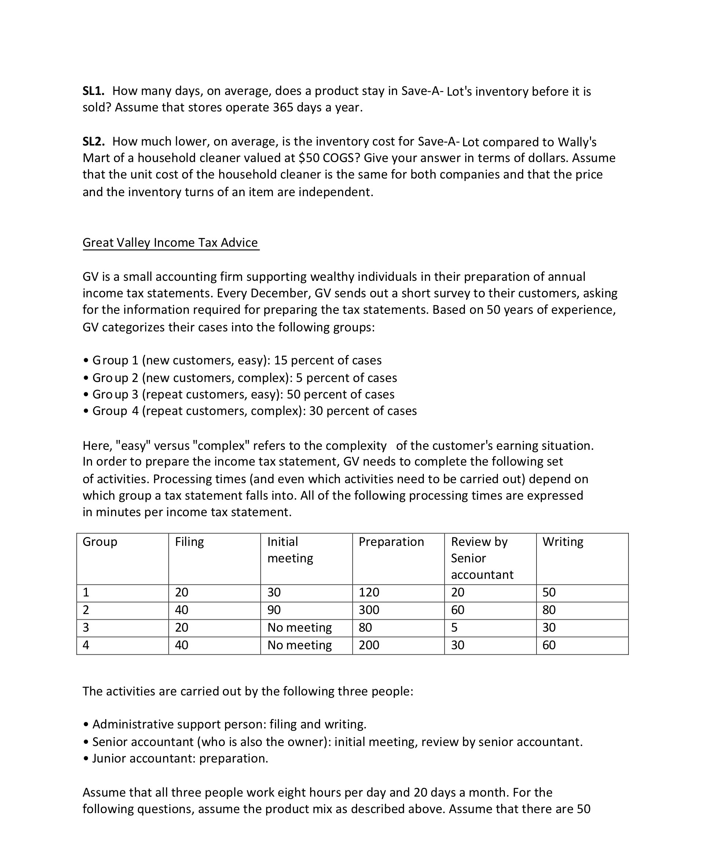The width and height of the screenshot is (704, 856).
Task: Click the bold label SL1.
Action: (93, 91)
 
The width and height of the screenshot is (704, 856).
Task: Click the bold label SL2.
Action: (93, 141)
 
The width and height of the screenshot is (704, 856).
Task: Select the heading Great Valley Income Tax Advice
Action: (170, 242)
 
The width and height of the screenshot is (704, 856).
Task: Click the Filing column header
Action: (189, 542)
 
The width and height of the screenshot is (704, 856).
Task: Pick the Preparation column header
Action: (391, 542)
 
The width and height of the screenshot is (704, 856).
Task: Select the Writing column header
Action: (563, 542)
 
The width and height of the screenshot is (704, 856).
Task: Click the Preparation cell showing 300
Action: (369, 610)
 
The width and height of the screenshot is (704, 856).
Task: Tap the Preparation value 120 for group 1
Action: (369, 592)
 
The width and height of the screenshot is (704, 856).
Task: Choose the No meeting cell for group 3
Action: (299, 627)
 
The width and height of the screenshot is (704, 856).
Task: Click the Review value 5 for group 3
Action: (455, 627)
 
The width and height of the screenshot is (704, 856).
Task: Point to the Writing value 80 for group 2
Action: (549, 610)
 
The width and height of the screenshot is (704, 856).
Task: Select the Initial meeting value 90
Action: (274, 610)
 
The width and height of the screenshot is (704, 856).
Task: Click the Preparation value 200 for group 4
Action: (369, 645)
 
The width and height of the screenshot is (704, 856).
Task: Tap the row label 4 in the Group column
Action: (86, 645)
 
